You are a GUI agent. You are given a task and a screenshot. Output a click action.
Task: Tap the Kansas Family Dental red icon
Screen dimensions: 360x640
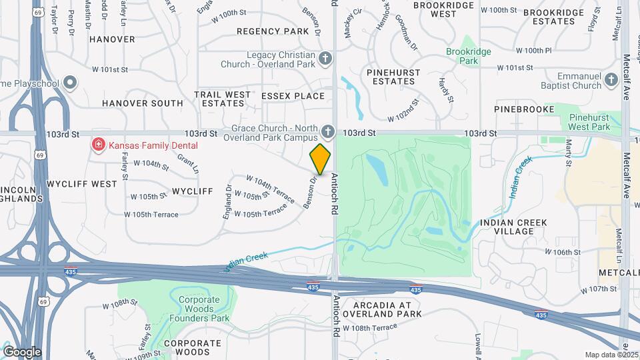pyautogui.click(x=99, y=145)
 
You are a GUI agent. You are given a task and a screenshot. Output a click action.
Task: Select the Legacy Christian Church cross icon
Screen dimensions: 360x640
pyautogui.click(x=325, y=59)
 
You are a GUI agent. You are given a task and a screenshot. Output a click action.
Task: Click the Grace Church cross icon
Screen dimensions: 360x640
pyautogui.click(x=327, y=131)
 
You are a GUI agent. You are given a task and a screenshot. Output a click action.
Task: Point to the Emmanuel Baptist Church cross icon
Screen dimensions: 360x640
pyautogui.click(x=612, y=81)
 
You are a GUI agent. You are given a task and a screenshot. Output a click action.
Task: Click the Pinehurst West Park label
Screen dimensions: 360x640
pyautogui.click(x=590, y=122)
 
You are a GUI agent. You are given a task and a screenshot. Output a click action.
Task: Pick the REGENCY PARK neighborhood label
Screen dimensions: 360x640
pyautogui.click(x=273, y=31)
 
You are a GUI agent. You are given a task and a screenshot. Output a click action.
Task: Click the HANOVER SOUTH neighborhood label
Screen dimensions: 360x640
pyautogui.click(x=142, y=103)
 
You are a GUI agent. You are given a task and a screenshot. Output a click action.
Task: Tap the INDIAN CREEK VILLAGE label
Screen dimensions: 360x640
pyautogui.click(x=513, y=227)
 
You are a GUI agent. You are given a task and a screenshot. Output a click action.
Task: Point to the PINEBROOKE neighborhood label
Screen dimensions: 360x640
pyautogui.click(x=524, y=109)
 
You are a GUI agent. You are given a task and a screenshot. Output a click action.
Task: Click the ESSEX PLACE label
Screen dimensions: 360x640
pyautogui.click(x=293, y=96)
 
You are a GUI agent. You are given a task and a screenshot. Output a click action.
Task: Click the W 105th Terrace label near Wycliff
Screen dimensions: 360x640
pyautogui.click(x=151, y=215)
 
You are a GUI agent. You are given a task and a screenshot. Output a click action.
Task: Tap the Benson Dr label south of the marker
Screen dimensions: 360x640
pyautogui.click(x=309, y=193)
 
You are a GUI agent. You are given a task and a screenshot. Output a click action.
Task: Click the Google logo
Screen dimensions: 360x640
pyautogui.click(x=22, y=351)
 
